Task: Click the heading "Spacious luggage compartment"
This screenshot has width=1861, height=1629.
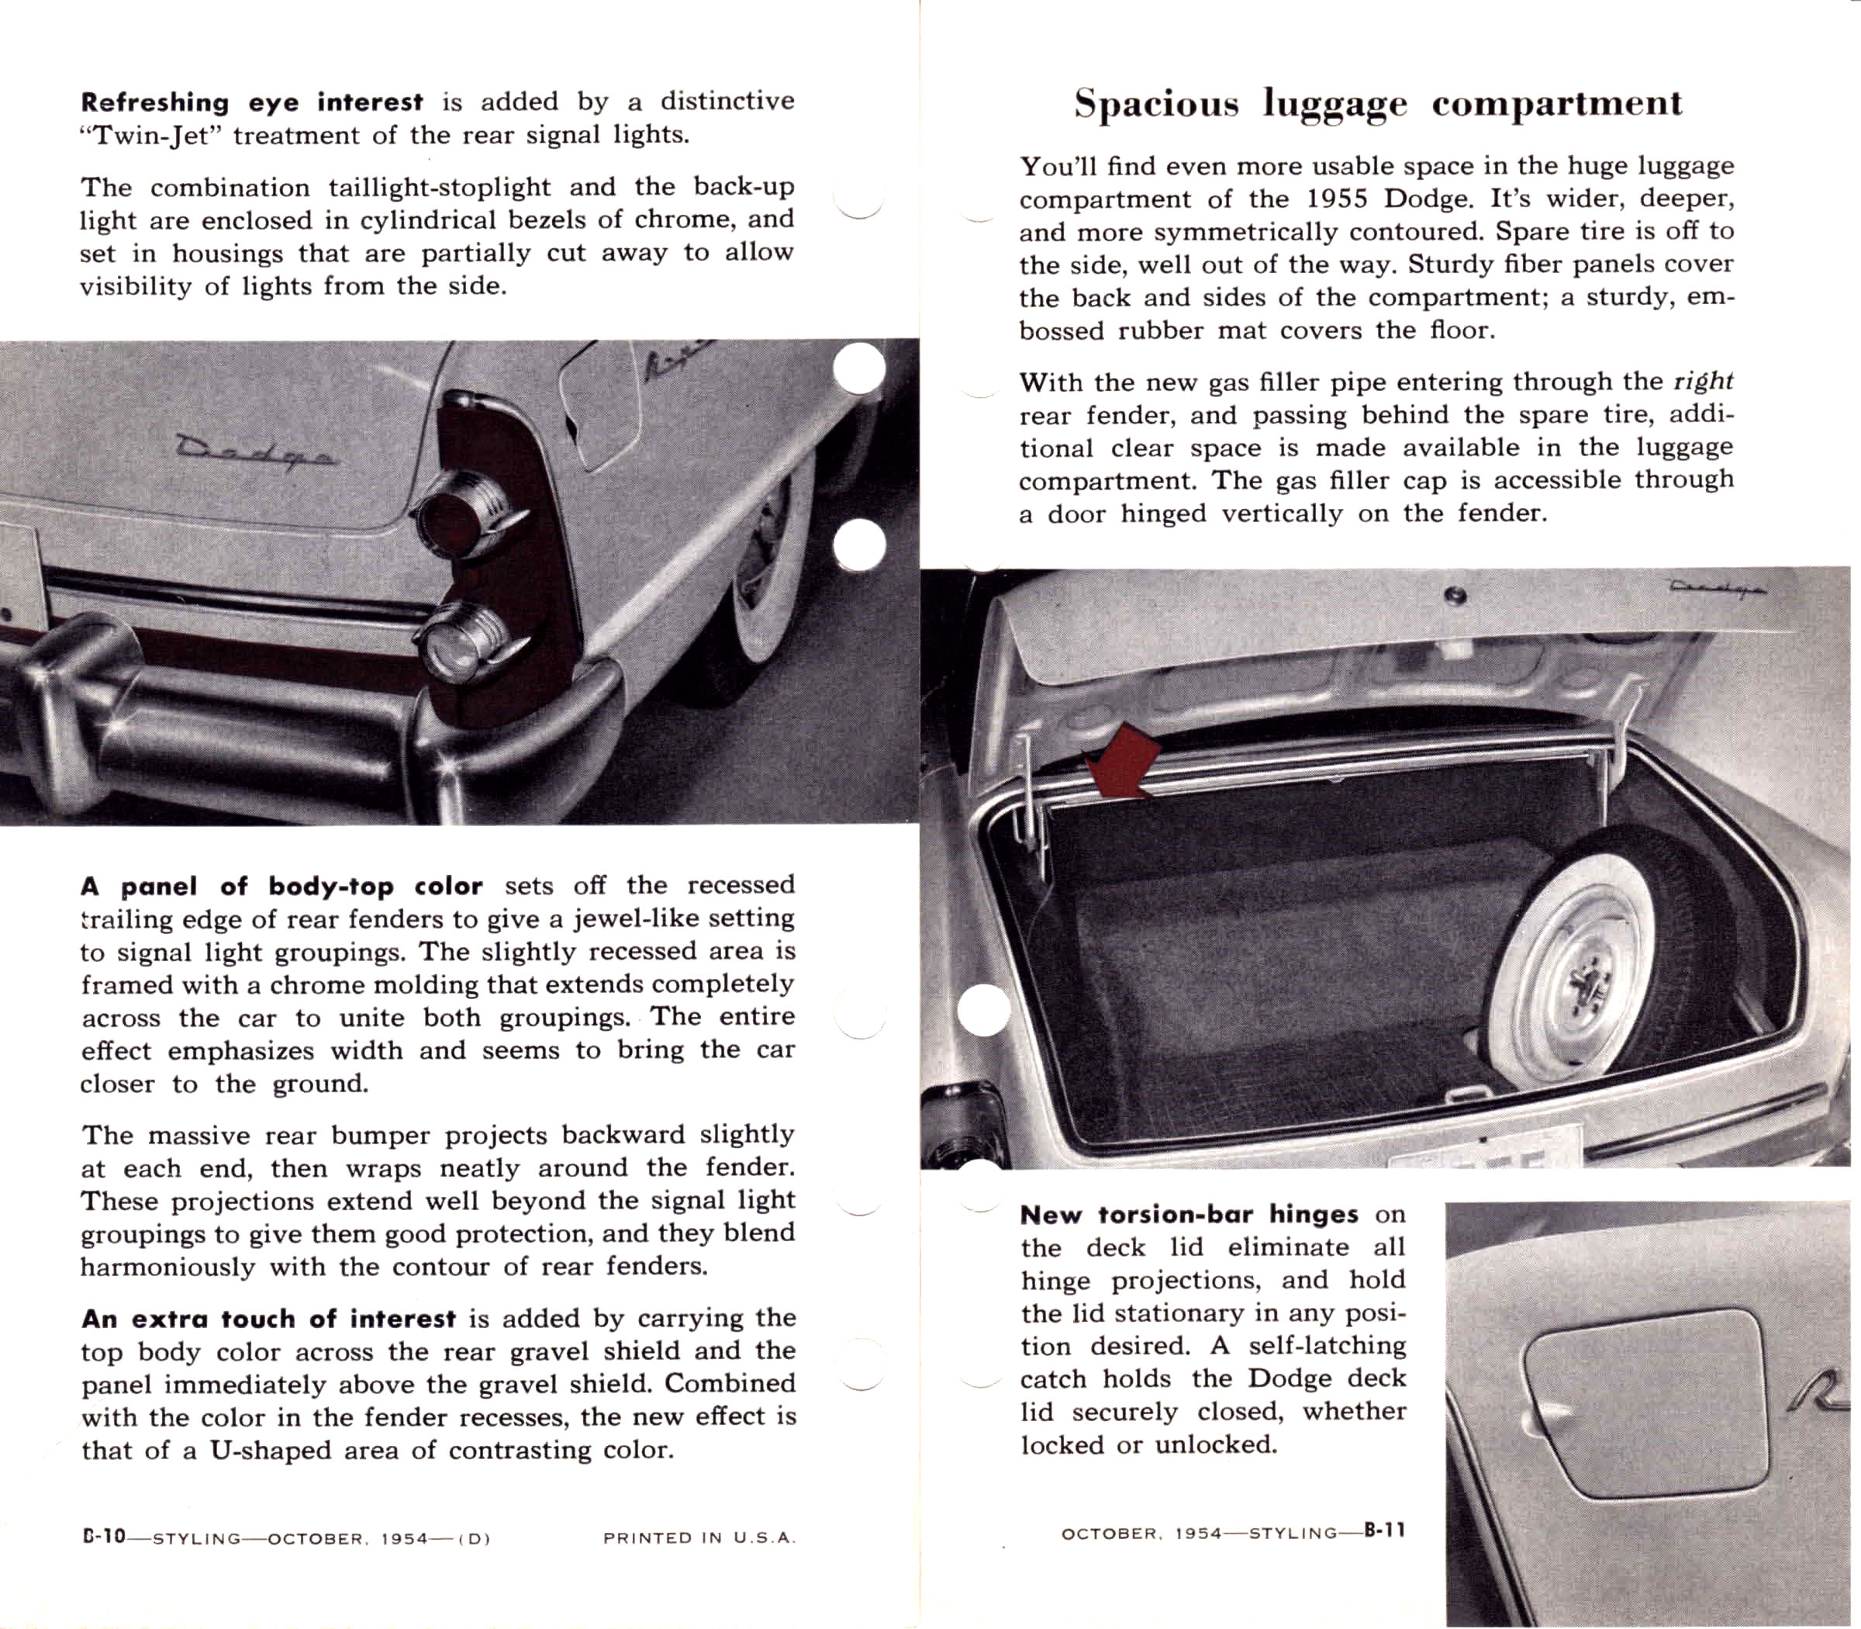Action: pos(1378,104)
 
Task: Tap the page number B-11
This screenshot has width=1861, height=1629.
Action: pos(1384,1530)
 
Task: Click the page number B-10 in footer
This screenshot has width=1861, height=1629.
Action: pos(102,1538)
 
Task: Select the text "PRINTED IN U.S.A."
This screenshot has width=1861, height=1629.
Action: pos(699,1538)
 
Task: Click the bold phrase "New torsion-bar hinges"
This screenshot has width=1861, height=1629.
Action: pos(1189,1215)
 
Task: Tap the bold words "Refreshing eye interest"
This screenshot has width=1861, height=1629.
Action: pos(252,102)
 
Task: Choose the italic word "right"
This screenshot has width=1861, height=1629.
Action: pos(1704,381)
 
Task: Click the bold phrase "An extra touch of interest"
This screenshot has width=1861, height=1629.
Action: pos(268,1319)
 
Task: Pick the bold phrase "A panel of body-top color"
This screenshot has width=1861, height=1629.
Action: pos(281,887)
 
